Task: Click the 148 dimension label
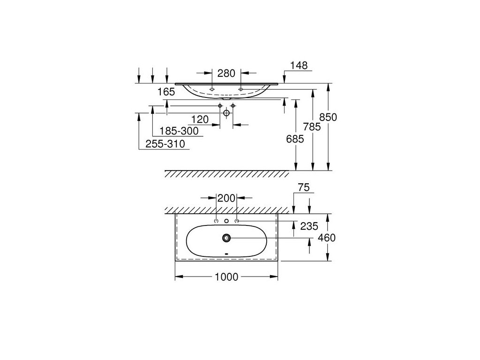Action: pos(299,66)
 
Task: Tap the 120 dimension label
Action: pos(199,119)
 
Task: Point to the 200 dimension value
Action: pos(226,199)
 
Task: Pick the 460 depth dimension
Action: pos(326,238)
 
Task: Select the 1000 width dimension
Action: pos(226,277)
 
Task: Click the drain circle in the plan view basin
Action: pos(226,238)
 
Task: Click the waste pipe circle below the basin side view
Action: pos(226,113)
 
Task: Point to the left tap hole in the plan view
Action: pos(216,221)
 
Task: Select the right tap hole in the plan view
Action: pos(237,221)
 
